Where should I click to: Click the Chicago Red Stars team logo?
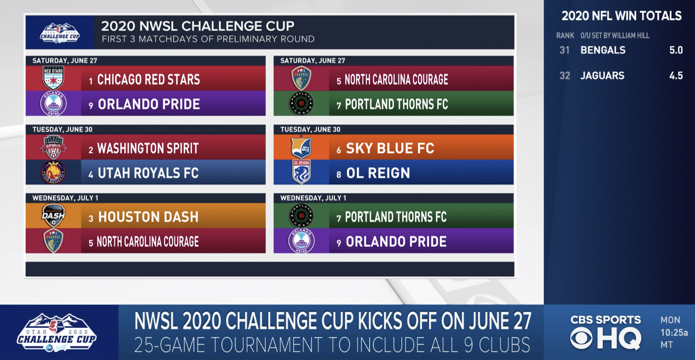(x=53, y=78)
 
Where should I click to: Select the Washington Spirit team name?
(x=148, y=148)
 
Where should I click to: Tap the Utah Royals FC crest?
(x=53, y=173)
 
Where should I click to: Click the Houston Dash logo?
(x=53, y=215)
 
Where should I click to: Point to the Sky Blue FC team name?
(x=390, y=148)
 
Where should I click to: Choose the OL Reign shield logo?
(x=301, y=172)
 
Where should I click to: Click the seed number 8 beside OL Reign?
(x=339, y=174)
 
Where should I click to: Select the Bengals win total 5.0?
(x=676, y=51)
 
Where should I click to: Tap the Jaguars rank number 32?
(x=565, y=76)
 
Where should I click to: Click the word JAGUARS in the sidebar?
(x=602, y=76)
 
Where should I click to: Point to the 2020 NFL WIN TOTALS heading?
(x=621, y=16)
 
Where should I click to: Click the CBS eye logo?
(x=581, y=338)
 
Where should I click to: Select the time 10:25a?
(x=674, y=332)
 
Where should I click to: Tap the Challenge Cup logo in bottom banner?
(x=57, y=332)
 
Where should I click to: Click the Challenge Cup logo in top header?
(x=60, y=32)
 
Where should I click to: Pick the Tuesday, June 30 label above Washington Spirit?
(x=62, y=129)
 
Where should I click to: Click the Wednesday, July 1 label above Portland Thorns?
(x=313, y=198)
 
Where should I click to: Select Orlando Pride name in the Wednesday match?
(x=396, y=242)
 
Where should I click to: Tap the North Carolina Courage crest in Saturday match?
(x=301, y=78)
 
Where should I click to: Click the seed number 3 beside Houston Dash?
(x=91, y=218)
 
